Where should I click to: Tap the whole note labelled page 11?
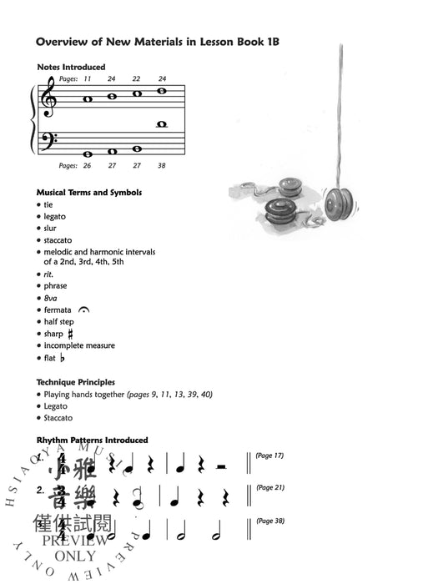pos(88,99)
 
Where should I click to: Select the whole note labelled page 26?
pos(88,154)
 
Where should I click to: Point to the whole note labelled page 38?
pos(162,124)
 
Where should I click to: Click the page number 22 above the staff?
pos(136,78)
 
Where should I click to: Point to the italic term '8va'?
pos(52,298)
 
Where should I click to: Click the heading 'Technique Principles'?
pos(76,382)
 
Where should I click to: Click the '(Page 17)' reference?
pos(269,456)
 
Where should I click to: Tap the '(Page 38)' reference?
pos(269,521)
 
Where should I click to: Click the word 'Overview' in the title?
pos(62,40)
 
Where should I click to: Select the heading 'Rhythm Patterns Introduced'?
pos(92,441)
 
